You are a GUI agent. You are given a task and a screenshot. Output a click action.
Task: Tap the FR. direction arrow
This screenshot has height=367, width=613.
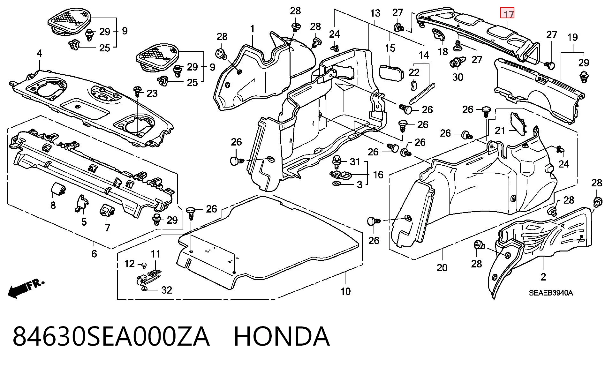coord(26,289)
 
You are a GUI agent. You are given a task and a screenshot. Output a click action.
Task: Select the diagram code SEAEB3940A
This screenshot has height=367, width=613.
coord(551,293)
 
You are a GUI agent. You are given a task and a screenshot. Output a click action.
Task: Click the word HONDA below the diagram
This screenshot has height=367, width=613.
coord(282,336)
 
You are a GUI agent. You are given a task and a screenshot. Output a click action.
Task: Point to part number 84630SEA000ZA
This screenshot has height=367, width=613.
coord(111,336)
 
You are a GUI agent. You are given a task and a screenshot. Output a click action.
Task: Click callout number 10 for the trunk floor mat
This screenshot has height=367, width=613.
coord(345,291)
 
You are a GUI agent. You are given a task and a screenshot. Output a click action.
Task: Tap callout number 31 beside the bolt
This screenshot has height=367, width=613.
coord(355,162)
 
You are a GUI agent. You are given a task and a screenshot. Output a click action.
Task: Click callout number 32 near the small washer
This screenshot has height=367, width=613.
coord(167,290)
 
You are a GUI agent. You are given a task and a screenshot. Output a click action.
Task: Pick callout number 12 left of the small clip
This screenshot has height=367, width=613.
coord(129,264)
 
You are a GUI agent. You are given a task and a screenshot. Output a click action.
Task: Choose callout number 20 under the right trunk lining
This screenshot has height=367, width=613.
coord(442,268)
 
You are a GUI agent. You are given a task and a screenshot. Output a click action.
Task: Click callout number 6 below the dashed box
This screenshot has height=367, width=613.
coord(94,254)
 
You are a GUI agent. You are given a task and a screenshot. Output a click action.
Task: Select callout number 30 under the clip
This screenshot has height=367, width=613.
coord(458,77)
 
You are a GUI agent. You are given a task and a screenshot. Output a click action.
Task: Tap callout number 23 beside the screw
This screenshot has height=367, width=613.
coord(152,94)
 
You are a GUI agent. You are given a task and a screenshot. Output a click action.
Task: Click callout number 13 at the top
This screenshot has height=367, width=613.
coord(375,13)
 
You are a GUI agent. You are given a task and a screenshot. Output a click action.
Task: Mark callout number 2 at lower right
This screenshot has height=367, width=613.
coord(543,277)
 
